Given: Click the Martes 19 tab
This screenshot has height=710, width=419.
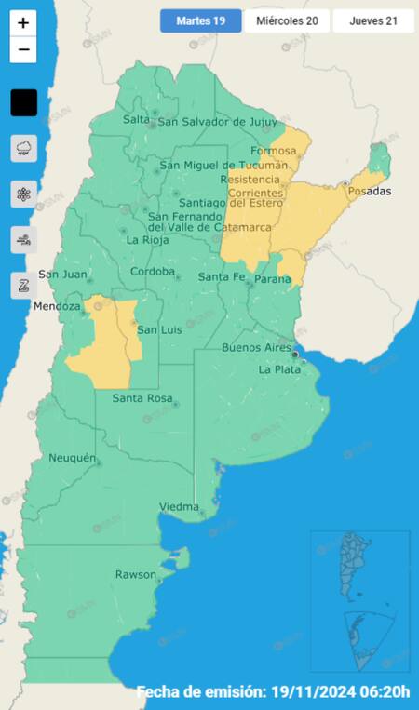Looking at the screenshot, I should pyautogui.click(x=200, y=20).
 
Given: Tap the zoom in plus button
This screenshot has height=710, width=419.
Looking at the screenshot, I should pyautogui.click(x=23, y=23).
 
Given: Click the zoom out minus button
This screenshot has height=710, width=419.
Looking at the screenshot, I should pyautogui.click(x=23, y=49).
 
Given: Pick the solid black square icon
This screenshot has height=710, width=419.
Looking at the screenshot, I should pyautogui.click(x=23, y=102).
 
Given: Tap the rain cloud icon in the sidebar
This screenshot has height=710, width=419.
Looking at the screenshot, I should pyautogui.click(x=23, y=148).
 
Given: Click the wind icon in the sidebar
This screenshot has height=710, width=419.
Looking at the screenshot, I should pyautogui.click(x=23, y=239).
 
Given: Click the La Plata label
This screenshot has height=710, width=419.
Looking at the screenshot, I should pyautogui.click(x=278, y=369).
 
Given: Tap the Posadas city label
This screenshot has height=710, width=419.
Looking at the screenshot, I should pyautogui.click(x=369, y=192).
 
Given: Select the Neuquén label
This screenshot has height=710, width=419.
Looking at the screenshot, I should pyautogui.click(x=72, y=458).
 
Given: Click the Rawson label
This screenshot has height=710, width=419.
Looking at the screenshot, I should pyautogui.click(x=136, y=574).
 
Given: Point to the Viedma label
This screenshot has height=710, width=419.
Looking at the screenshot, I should pyautogui.click(x=180, y=507).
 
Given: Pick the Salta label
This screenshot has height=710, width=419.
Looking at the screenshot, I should pyautogui.click(x=136, y=120).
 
